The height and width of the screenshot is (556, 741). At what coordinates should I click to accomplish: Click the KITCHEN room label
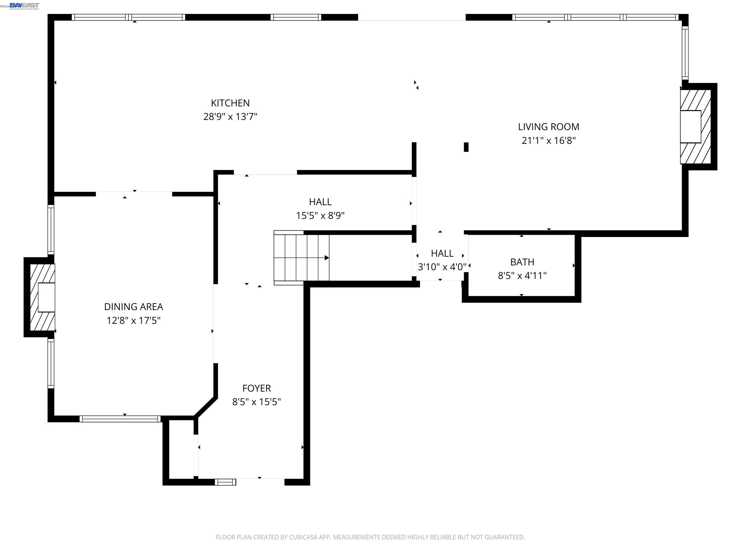click(x=230, y=103)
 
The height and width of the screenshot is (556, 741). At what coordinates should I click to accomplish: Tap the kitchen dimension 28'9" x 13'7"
click(x=230, y=117)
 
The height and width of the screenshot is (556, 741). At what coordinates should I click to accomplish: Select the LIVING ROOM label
click(x=548, y=127)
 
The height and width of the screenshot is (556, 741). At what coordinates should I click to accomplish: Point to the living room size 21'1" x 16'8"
click(x=548, y=141)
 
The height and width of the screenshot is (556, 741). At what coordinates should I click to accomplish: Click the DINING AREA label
click(x=133, y=307)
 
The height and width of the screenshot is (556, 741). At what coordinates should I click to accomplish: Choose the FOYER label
click(x=256, y=388)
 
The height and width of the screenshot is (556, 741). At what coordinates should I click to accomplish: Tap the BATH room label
click(x=522, y=262)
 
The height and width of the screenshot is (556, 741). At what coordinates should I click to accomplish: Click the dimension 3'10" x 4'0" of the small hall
click(x=442, y=267)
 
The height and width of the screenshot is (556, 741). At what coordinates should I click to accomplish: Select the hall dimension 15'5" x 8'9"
click(x=320, y=216)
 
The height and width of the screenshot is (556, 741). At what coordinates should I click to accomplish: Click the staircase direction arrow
click(x=327, y=258)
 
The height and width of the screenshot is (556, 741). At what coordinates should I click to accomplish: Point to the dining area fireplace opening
click(x=46, y=297)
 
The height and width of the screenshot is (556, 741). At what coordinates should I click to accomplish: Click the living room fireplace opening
click(x=690, y=127)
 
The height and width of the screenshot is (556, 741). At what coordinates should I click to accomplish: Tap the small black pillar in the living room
click(x=466, y=147)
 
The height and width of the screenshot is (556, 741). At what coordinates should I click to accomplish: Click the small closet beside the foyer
click(x=181, y=449)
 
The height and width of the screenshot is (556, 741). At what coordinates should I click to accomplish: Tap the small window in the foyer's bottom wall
click(x=226, y=482)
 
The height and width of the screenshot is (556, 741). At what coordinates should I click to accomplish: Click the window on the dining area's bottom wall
click(x=120, y=419)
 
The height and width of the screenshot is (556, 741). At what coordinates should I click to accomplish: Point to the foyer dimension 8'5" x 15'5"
click(x=256, y=402)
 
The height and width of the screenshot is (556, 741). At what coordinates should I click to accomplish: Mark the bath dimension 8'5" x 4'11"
click(x=522, y=275)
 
